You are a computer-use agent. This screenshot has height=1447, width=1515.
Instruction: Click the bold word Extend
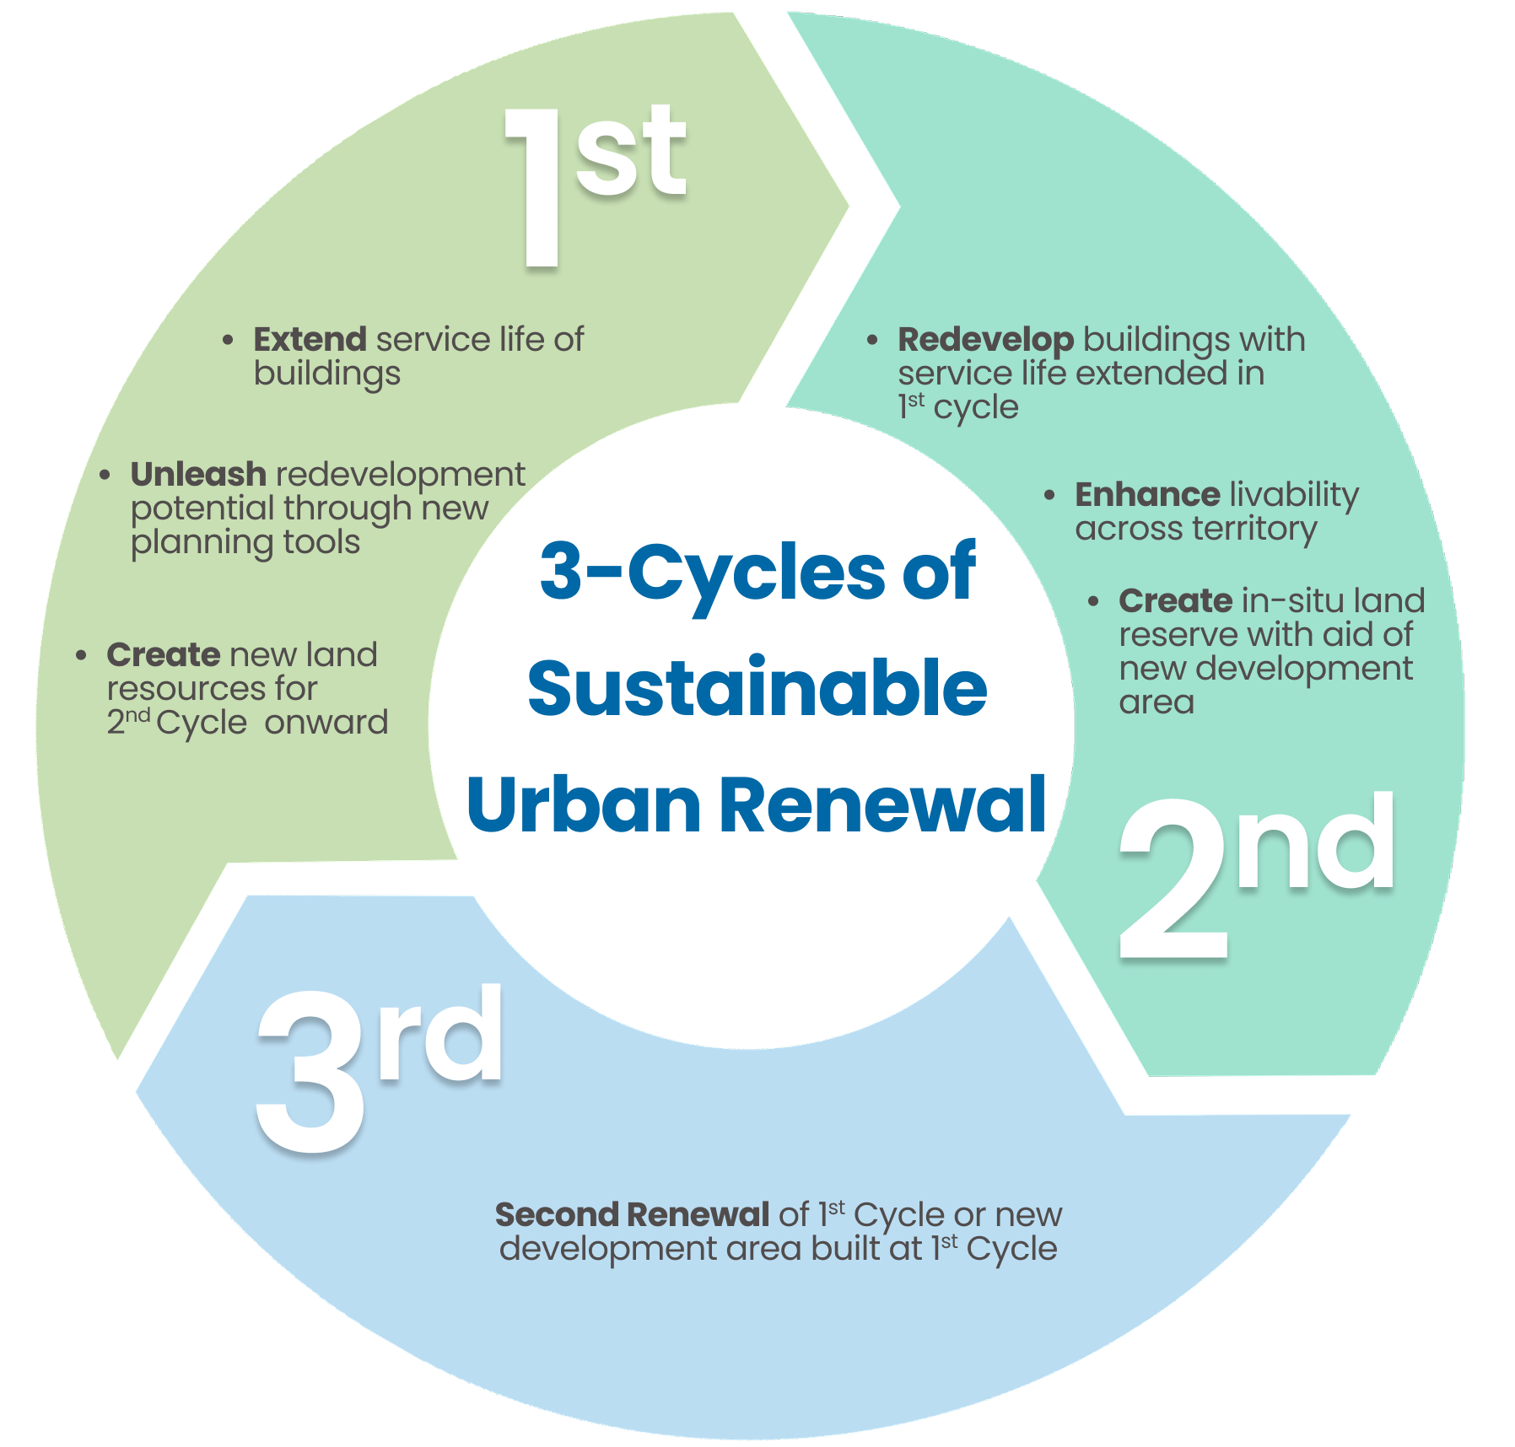tap(310, 339)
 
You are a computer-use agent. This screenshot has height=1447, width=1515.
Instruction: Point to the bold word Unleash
tap(198, 474)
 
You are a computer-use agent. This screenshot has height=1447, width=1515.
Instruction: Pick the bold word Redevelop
tap(985, 340)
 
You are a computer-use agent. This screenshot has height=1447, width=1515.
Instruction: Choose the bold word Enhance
tap(1147, 494)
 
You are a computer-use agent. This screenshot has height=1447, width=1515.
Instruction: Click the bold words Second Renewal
tap(632, 1214)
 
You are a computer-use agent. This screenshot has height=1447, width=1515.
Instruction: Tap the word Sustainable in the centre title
tap(757, 688)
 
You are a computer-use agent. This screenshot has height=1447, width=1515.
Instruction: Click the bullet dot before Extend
tap(228, 341)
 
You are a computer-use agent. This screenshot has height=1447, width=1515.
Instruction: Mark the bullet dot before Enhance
tap(1049, 496)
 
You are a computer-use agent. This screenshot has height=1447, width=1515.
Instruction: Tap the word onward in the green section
tap(326, 723)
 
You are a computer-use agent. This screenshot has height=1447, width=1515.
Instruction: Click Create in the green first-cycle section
tap(164, 654)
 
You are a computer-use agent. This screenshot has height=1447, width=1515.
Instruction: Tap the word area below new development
tap(1156, 703)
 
